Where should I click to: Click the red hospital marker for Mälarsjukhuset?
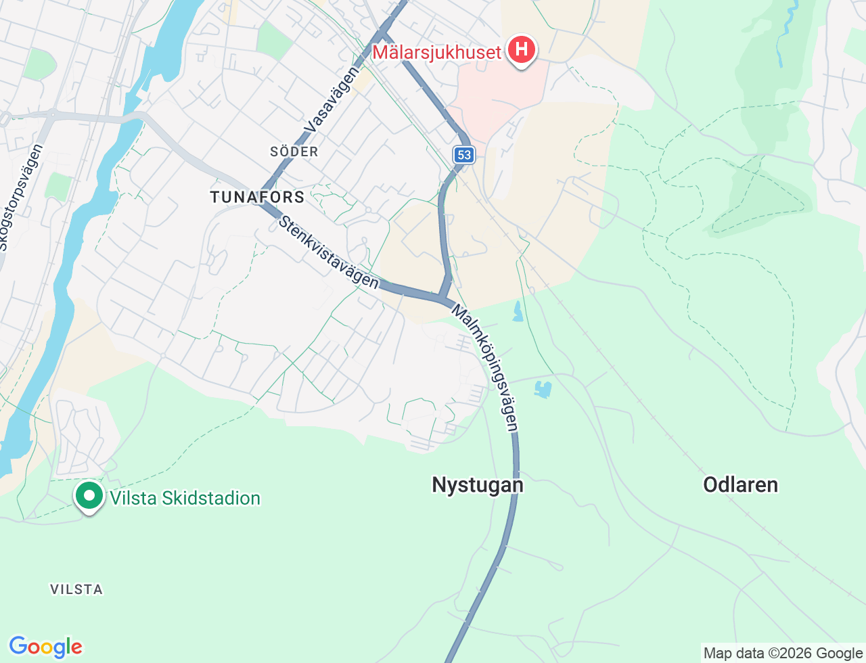[522, 50]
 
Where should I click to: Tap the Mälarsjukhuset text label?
[437, 52]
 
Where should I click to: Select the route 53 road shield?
[463, 155]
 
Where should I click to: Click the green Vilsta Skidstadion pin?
[89, 495]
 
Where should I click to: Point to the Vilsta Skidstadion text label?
[185, 499]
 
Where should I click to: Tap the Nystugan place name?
[478, 485]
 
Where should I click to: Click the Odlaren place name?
[740, 484]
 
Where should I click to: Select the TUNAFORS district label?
[257, 198]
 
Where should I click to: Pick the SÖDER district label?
[294, 152]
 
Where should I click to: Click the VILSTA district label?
[76, 589]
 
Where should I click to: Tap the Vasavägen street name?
[331, 99]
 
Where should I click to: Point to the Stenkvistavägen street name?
[329, 252]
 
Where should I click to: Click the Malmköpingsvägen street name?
[485, 367]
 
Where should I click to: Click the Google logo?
[45, 647]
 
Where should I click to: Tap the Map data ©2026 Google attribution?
[783, 653]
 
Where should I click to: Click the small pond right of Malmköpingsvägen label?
[543, 389]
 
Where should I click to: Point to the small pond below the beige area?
[518, 311]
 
